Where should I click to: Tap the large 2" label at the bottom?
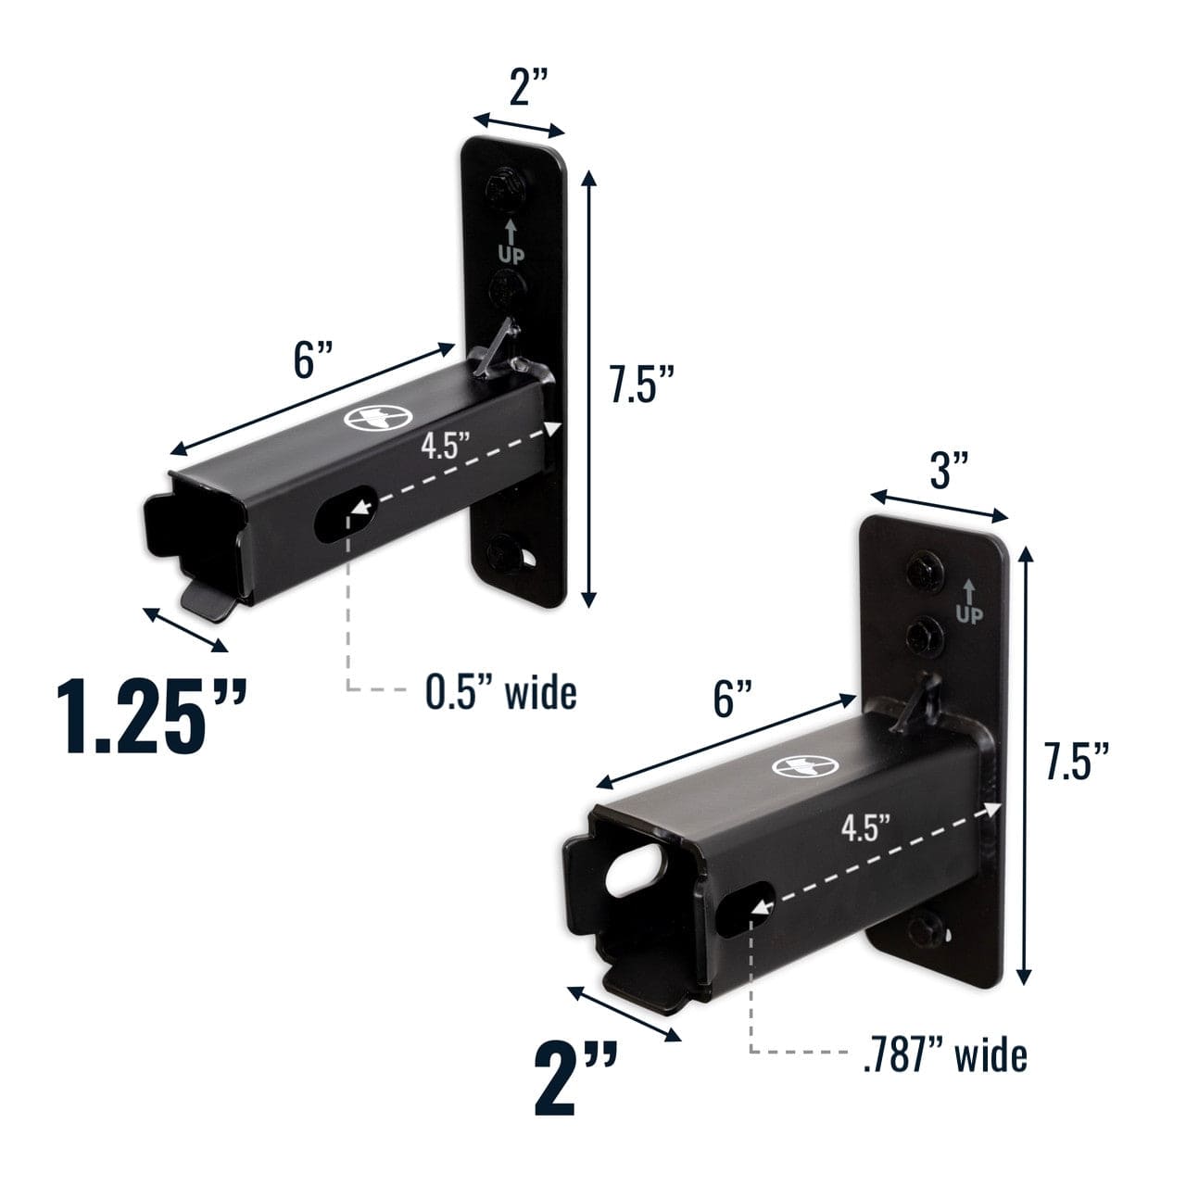(575, 1079)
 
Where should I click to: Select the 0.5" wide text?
(500, 692)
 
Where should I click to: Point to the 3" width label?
(949, 473)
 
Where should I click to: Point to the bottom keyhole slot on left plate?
(531, 558)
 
